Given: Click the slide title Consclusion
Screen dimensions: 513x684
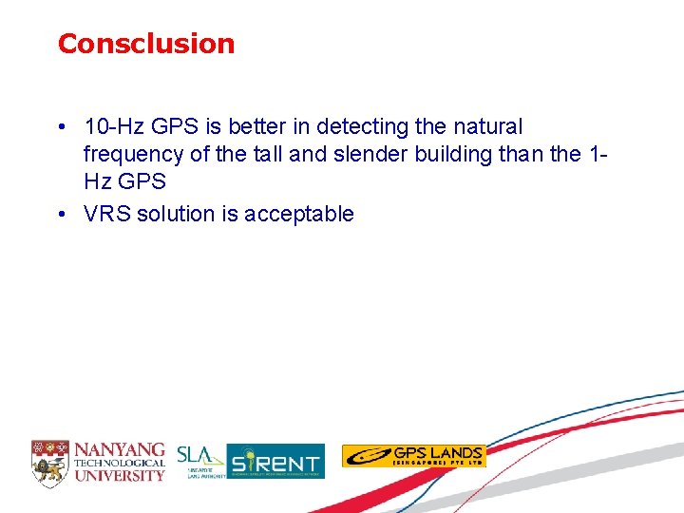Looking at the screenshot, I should [x=145, y=44].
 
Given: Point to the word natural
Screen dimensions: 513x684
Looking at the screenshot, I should [x=484, y=126].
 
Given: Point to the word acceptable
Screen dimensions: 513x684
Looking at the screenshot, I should [x=298, y=214].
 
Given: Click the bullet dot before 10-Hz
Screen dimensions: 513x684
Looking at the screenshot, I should [x=61, y=126].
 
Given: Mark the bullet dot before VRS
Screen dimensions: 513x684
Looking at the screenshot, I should [x=61, y=214].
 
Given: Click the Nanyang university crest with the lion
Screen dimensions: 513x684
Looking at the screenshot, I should [x=50, y=461].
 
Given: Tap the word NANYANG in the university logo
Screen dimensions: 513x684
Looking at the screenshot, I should [x=120, y=449].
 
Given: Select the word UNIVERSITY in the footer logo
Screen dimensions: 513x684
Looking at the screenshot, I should [x=120, y=475].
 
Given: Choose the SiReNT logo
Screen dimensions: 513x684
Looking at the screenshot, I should [x=275, y=462].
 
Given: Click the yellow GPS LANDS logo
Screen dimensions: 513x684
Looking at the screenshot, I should [x=413, y=456].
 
